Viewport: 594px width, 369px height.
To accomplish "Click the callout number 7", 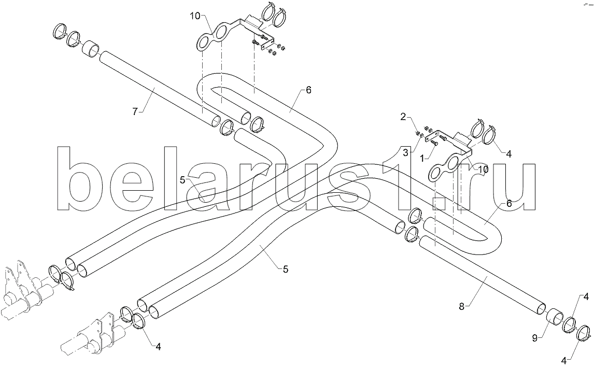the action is pos(135,111).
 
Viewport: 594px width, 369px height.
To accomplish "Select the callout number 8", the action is pos(461,306).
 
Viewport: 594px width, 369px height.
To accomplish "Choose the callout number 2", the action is pos(403,116).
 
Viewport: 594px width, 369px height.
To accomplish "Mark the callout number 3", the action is pos(405,153).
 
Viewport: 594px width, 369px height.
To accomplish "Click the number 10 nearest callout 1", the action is pos(483,169).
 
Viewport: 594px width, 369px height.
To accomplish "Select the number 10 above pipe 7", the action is pos(195,16).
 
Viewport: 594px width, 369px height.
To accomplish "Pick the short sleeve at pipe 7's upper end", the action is pos(91,49).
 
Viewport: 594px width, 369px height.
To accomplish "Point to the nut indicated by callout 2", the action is pos(417,133).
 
